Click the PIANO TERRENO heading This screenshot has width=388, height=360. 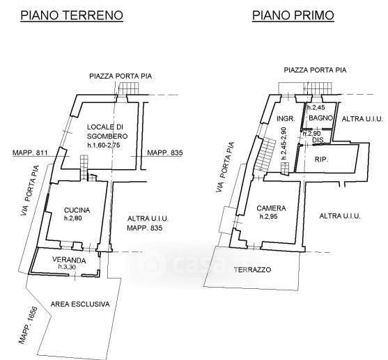click(72, 15)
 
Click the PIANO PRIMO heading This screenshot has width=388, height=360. click(293, 15)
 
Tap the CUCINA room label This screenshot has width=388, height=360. click(77, 210)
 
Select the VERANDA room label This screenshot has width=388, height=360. click(69, 260)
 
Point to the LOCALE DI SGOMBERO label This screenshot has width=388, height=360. click(107, 132)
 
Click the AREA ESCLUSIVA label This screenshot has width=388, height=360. click(80, 304)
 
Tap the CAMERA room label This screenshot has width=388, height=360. click(271, 208)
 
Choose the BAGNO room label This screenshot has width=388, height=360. click(320, 118)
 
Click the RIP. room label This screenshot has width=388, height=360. click(321, 159)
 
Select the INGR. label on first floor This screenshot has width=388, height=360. click(286, 119)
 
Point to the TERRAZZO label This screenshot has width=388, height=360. click(252, 269)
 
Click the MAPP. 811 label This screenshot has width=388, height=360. click(30, 152)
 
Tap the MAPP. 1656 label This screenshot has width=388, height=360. click(28, 325)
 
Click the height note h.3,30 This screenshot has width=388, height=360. click(67, 267)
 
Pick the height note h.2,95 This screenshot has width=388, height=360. click(268, 217)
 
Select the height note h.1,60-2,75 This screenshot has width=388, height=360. click(104, 145)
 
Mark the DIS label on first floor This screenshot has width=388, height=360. click(318, 140)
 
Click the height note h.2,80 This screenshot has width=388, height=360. click(72, 218)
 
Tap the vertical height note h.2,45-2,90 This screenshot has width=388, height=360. click(284, 143)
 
